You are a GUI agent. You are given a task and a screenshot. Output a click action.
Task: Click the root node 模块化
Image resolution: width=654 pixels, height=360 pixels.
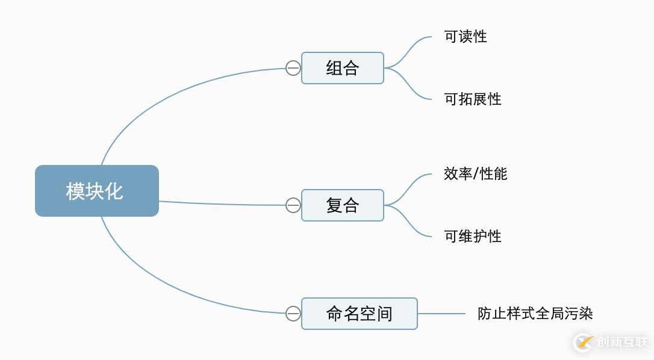[x=96, y=191]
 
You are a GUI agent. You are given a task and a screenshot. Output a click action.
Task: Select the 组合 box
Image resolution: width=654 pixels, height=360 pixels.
[x=342, y=68]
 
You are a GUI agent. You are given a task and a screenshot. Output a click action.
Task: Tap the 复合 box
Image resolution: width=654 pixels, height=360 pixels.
[x=342, y=205]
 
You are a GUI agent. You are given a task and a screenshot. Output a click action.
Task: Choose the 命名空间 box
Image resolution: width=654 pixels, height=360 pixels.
[x=359, y=314]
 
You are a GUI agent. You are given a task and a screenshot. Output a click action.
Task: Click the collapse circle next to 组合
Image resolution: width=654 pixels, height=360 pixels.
[x=293, y=68]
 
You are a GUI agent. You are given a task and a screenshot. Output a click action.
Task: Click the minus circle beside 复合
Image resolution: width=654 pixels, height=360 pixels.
[x=293, y=205]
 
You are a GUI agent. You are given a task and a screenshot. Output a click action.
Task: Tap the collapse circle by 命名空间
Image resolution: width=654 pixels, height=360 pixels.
[x=293, y=314]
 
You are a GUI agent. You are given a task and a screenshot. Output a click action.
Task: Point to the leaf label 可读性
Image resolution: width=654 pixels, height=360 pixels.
[x=465, y=37]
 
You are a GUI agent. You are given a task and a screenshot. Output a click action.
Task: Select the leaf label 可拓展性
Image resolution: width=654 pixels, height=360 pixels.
[x=473, y=99]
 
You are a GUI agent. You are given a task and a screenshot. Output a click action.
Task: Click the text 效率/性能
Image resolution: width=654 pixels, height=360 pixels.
[x=475, y=174]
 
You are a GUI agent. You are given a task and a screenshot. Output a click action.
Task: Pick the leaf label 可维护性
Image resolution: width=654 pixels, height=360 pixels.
[x=473, y=237]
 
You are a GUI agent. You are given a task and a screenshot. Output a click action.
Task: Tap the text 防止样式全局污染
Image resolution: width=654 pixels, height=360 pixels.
[x=535, y=314]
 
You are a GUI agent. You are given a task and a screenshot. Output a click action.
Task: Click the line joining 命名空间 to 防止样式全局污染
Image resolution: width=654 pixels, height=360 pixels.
[x=441, y=314]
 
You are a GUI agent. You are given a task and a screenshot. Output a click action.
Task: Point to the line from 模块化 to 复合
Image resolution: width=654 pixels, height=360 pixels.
[x=223, y=204]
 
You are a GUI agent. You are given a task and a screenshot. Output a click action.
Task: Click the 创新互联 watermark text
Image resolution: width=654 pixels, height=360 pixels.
[x=621, y=343]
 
